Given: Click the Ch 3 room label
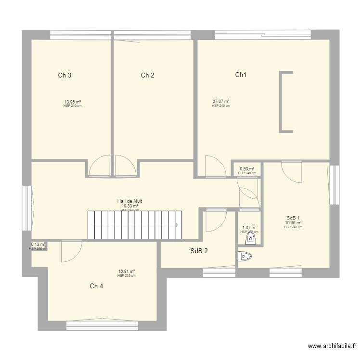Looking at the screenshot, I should pyautogui.click(x=65, y=75).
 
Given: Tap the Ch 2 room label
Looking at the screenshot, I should pyautogui.click(x=148, y=75).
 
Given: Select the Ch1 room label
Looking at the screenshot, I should pyautogui.click(x=241, y=75).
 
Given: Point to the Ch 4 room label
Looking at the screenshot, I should pyautogui.click(x=96, y=286).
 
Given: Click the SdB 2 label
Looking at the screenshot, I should pyautogui.click(x=199, y=251).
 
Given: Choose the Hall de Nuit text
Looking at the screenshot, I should pyautogui.click(x=129, y=201).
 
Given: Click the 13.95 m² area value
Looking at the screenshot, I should pyautogui.click(x=72, y=102).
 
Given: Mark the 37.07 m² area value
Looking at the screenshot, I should pyautogui.click(x=220, y=102).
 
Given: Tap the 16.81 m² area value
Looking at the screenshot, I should pyautogui.click(x=126, y=271).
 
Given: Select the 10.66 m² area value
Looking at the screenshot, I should pyautogui.click(x=293, y=223).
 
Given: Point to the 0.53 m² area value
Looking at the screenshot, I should pyautogui.click(x=247, y=169).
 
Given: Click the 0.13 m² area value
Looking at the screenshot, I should pyautogui.click(x=38, y=245).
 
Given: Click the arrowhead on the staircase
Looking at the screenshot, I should pyautogui.click(x=178, y=224).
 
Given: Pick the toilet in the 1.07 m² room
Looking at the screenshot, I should pyautogui.click(x=250, y=237).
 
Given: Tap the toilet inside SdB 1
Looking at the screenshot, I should pyautogui.click(x=245, y=257).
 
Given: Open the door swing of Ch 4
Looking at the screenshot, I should pyautogui.click(x=71, y=251).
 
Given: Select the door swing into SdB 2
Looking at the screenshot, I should pyautogui.click(x=215, y=221).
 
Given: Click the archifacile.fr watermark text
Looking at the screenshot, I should pyautogui.click(x=332, y=346).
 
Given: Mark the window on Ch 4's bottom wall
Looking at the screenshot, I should pyautogui.click(x=102, y=326).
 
